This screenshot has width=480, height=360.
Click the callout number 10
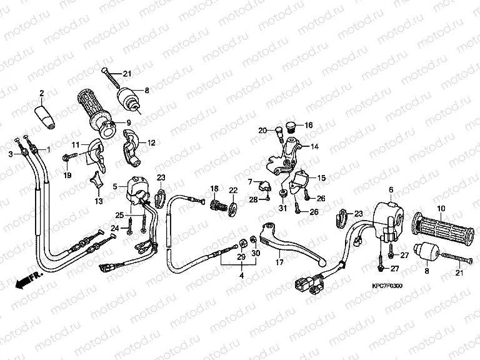pyautogui.click(x=441, y=207)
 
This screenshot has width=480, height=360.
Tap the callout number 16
pyautogui.click(x=309, y=125)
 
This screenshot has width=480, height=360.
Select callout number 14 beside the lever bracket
pyautogui.click(x=314, y=146)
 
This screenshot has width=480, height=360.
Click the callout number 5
pyautogui.click(x=115, y=186)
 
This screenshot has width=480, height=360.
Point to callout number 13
pyautogui.click(x=98, y=201)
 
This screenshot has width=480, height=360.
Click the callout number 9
pyautogui.click(x=128, y=122)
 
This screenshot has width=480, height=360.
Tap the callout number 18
pyautogui.click(x=214, y=188)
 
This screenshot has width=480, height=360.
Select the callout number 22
pyautogui.click(x=232, y=190)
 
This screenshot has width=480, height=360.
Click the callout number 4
pyautogui.click(x=241, y=274)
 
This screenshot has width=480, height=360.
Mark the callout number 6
pyautogui.click(x=391, y=189)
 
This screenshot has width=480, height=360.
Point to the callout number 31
pyautogui.click(x=282, y=208)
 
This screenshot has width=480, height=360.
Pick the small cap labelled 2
pyautogui.click(x=46, y=116)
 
